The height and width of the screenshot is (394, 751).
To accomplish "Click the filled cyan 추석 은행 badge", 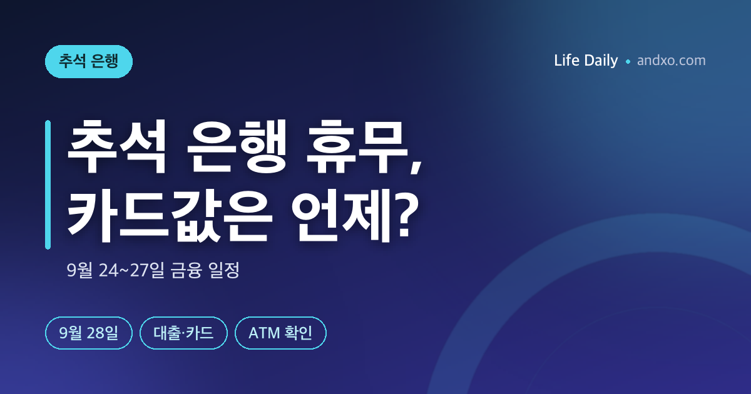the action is click(x=89, y=62).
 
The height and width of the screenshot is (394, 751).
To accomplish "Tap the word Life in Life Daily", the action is click(x=566, y=61).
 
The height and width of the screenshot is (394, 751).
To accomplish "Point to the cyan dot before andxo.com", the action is click(x=628, y=62).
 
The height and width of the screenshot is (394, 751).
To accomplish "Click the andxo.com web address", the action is click(x=671, y=61).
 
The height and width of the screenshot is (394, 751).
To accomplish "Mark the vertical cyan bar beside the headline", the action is click(x=48, y=184).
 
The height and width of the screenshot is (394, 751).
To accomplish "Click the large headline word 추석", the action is click(x=116, y=146).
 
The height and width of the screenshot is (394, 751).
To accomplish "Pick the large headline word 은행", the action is click(x=237, y=146).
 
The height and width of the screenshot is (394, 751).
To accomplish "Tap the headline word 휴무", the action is click(x=356, y=146).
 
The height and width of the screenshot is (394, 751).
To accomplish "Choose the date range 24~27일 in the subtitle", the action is click(x=132, y=270).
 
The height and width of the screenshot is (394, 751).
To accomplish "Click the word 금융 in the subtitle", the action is click(x=186, y=270).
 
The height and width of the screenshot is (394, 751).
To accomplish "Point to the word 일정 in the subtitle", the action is click(x=224, y=270).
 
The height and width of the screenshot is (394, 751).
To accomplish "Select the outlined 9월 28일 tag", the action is click(x=89, y=333).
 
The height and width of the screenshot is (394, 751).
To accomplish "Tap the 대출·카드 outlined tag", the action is click(x=184, y=333).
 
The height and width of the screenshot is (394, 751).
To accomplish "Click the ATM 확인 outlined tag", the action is click(x=280, y=333).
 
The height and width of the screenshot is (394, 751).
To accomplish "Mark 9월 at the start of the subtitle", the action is click(x=80, y=270).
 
